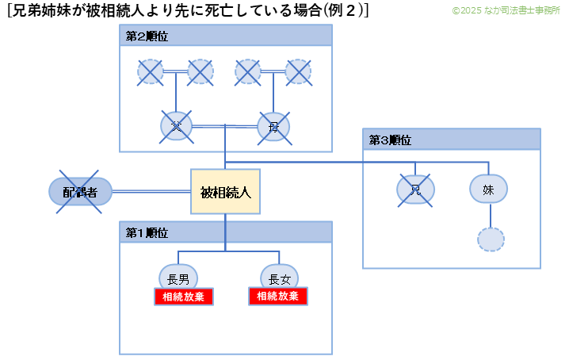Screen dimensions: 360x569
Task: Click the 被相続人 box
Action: [x=225, y=192]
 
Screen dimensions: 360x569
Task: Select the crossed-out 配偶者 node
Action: [x=80, y=192]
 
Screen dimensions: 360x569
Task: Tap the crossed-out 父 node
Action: [x=176, y=125]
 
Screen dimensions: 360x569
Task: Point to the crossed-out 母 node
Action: [x=273, y=126]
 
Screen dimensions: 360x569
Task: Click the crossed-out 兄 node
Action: [x=415, y=189]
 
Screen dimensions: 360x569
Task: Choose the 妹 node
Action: [x=488, y=189]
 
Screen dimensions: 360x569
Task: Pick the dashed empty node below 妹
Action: [x=491, y=239]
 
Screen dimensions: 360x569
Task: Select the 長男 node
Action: [x=178, y=278]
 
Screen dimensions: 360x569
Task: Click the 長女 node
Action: [x=279, y=278]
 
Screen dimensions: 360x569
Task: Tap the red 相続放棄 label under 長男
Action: [x=184, y=297]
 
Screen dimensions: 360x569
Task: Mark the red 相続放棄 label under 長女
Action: [x=278, y=297]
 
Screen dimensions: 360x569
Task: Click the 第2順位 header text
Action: [x=147, y=37]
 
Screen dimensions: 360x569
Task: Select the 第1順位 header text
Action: [x=147, y=232]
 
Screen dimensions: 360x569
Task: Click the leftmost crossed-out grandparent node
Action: [x=151, y=72]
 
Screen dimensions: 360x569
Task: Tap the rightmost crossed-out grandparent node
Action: [x=298, y=72]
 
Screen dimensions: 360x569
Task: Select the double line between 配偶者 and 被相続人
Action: [x=151, y=191]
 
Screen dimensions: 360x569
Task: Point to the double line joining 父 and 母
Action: [x=224, y=125]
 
